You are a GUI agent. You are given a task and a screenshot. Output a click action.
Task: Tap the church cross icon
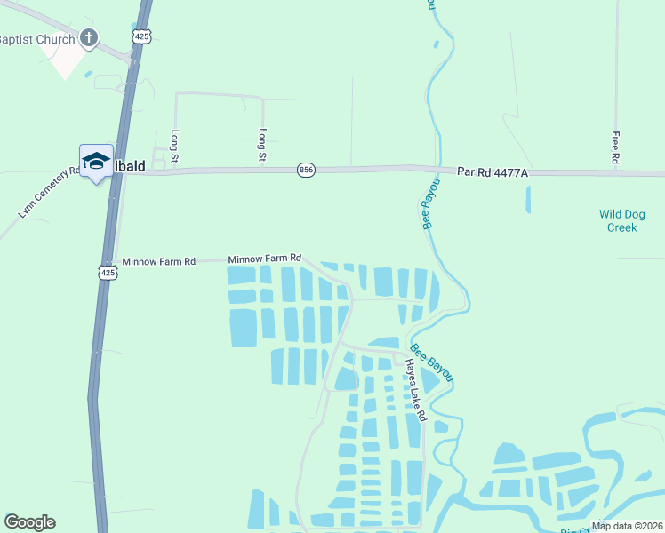coord(88,37)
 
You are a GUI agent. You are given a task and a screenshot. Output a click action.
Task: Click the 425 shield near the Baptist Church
coord(143,36)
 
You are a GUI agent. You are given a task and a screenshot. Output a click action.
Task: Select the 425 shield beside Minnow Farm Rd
coord(108,273)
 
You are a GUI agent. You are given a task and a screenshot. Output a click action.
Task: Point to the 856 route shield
coord(306,170)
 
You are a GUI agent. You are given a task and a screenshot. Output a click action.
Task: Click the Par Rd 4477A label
coord(493,171)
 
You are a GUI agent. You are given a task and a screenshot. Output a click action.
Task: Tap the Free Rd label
coord(615,147)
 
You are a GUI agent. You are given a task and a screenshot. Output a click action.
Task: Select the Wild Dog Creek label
coord(621,220)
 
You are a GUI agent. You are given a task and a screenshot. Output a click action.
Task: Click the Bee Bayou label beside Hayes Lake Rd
coord(432,364)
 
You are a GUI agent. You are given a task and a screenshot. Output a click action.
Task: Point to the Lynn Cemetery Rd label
coord(49,193)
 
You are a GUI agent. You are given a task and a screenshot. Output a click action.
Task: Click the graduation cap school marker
coord(96,161)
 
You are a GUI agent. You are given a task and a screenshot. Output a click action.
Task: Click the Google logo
coord(29,522)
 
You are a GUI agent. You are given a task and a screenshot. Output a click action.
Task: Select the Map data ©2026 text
coord(628,526)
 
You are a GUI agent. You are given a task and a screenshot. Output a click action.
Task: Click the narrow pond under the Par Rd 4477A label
coord(528,199)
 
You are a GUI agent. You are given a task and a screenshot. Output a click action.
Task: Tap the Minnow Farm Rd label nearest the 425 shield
coord(158,262)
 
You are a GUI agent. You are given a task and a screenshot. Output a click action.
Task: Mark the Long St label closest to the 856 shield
coord(263,144)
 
